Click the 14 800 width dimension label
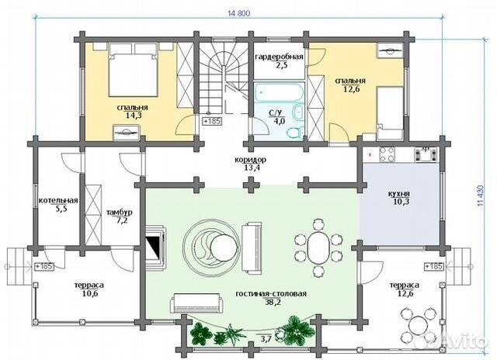point(239,13)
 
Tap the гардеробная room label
point(279,57)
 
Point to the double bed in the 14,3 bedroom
point(133,70)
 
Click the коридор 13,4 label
point(250,164)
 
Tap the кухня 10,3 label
point(398,197)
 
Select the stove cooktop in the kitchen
point(387,154)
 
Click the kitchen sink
point(425,154)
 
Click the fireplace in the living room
point(156,247)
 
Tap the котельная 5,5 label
point(58,204)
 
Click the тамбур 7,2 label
point(119,216)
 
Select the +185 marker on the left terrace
point(44,266)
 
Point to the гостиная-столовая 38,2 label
point(271,298)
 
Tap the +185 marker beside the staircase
point(212,121)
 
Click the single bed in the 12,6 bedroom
point(390,113)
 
